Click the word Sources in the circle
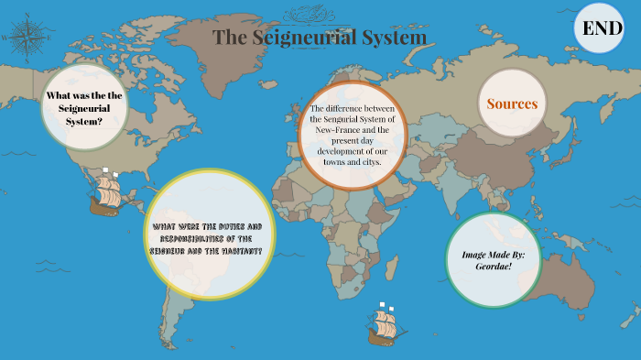coord(512,104)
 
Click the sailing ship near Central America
coord(107,192)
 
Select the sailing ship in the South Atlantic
coord(383,324)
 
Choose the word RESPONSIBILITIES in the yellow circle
coord(195,238)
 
